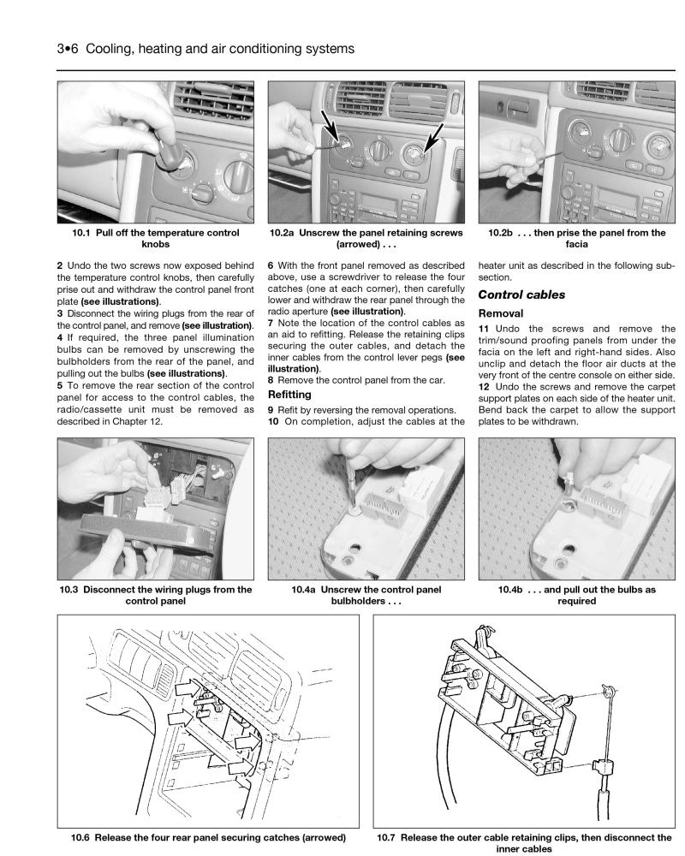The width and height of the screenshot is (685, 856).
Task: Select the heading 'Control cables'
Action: coord(523,294)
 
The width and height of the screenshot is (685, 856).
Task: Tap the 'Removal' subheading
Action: coord(502,314)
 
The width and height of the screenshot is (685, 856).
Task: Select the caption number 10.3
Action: coord(70,588)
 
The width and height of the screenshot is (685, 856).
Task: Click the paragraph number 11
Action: coord(485,330)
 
